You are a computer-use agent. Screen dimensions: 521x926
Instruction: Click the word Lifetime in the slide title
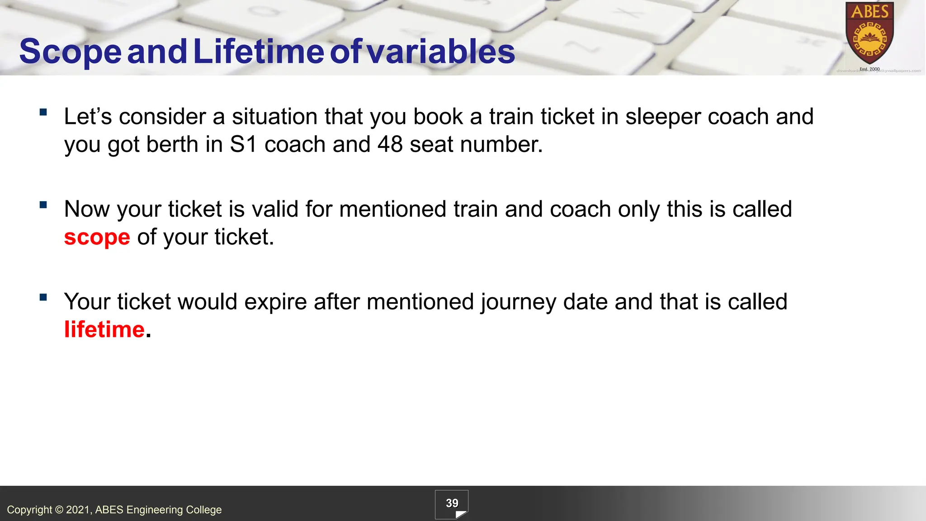[x=259, y=51]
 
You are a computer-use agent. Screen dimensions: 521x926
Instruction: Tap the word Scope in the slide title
[x=70, y=51]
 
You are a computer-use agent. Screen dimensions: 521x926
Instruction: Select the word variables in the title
[x=441, y=51]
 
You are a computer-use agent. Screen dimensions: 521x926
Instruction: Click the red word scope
[x=97, y=237]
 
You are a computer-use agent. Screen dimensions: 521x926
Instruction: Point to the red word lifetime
[x=104, y=329]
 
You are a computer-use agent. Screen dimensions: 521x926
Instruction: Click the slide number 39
[x=452, y=503]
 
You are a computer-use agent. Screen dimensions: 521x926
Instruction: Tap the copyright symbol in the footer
[x=59, y=510]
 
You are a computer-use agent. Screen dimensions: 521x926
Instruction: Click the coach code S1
[x=243, y=145]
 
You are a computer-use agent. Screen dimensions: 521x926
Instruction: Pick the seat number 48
[x=390, y=145]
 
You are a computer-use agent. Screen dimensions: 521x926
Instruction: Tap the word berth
[x=172, y=145]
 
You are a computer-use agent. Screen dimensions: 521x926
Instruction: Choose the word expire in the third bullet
[x=275, y=302]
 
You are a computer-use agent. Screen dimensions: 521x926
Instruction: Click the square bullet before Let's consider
[x=43, y=112]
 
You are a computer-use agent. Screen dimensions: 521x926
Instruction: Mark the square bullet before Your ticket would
[x=43, y=297]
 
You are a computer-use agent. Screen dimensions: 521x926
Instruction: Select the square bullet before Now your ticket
[x=43, y=205]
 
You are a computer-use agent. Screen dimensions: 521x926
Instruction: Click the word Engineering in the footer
[x=155, y=510]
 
